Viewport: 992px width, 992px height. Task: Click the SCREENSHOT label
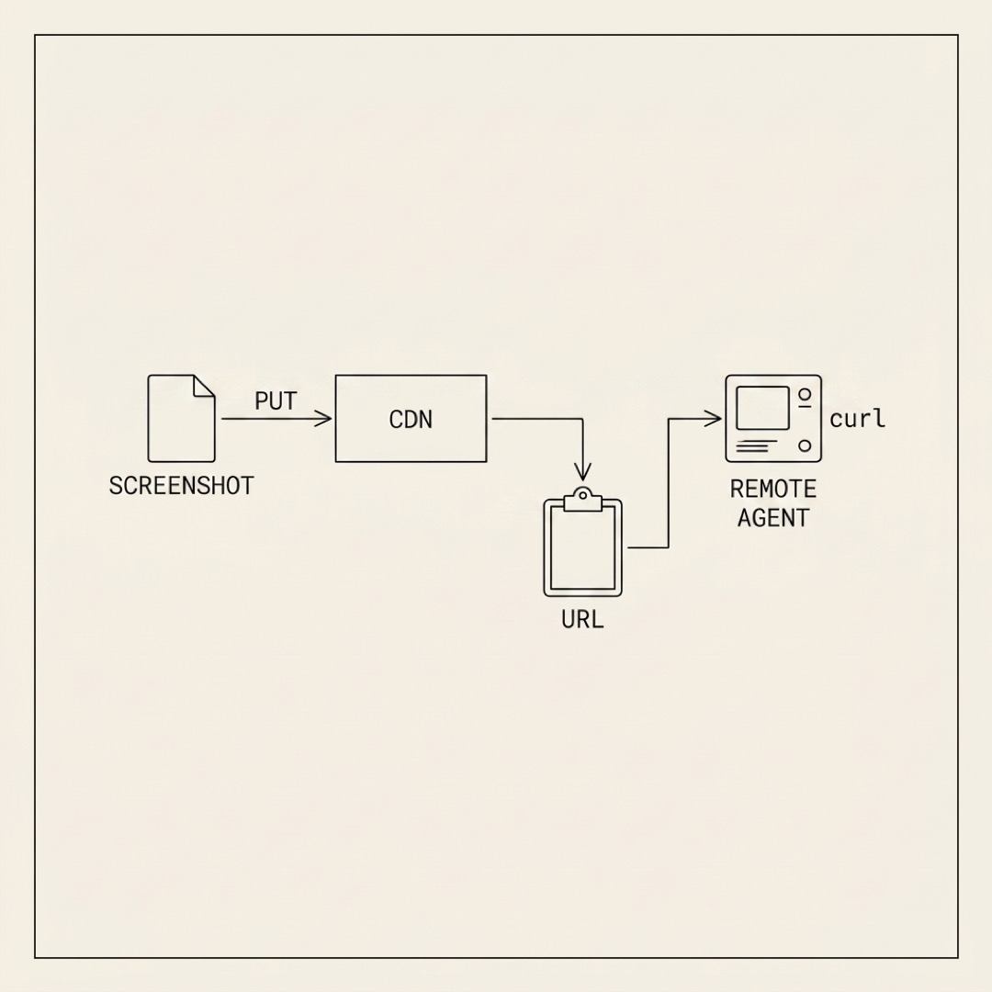[x=181, y=486]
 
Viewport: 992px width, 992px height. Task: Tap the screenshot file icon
[x=182, y=418]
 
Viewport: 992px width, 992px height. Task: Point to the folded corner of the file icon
[x=204, y=386]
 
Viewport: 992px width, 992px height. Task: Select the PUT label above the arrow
[x=276, y=401]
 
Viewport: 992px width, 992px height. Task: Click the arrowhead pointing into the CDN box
[x=324, y=418]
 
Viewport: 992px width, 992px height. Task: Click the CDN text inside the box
[x=411, y=420]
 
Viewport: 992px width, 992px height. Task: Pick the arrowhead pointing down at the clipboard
[x=582, y=472]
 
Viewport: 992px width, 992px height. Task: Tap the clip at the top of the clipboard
[x=582, y=499]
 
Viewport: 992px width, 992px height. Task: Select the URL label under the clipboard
[x=582, y=619]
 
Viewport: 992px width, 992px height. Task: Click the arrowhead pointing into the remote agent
[x=714, y=418]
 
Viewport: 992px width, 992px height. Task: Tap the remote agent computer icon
[x=773, y=418]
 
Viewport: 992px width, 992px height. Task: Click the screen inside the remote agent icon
[x=763, y=408]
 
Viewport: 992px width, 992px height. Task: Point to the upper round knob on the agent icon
[x=805, y=394]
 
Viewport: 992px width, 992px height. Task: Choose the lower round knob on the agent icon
[x=805, y=445]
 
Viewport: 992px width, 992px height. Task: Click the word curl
[x=857, y=419]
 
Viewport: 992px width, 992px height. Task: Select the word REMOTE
[x=773, y=489]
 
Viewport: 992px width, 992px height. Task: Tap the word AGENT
[x=773, y=518]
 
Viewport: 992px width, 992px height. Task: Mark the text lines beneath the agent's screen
[x=757, y=446]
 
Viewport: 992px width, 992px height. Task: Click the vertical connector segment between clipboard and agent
[x=669, y=483]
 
